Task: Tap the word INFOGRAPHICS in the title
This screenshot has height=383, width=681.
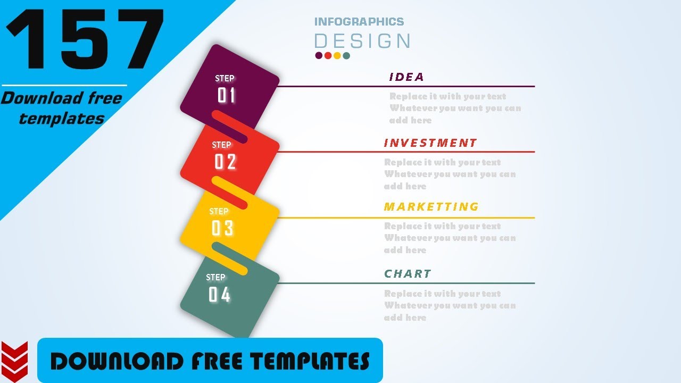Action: [x=359, y=22]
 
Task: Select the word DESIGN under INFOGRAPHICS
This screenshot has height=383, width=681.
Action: [x=362, y=41]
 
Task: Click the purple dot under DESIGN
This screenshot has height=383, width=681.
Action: [x=319, y=55]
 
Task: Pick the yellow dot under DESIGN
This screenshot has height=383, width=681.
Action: [x=337, y=55]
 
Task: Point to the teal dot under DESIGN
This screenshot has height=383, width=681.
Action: [x=346, y=55]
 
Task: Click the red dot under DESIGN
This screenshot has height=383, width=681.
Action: [x=328, y=55]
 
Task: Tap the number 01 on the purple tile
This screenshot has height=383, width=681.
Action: [x=226, y=96]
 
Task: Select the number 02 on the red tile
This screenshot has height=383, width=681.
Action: [x=225, y=162]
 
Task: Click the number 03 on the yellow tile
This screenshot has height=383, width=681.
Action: [x=222, y=229]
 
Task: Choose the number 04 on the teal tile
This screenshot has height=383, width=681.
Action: [x=219, y=295]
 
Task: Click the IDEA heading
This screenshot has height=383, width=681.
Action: [x=406, y=77]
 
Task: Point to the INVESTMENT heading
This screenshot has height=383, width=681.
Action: [x=430, y=143]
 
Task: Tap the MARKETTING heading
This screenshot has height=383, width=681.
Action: [x=431, y=206]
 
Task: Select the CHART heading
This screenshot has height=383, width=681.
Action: [x=408, y=274]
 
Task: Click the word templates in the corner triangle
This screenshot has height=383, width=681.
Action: [x=62, y=119]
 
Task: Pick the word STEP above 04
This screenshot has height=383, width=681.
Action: [x=215, y=277]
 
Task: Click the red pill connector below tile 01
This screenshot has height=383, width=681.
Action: [x=230, y=127]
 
